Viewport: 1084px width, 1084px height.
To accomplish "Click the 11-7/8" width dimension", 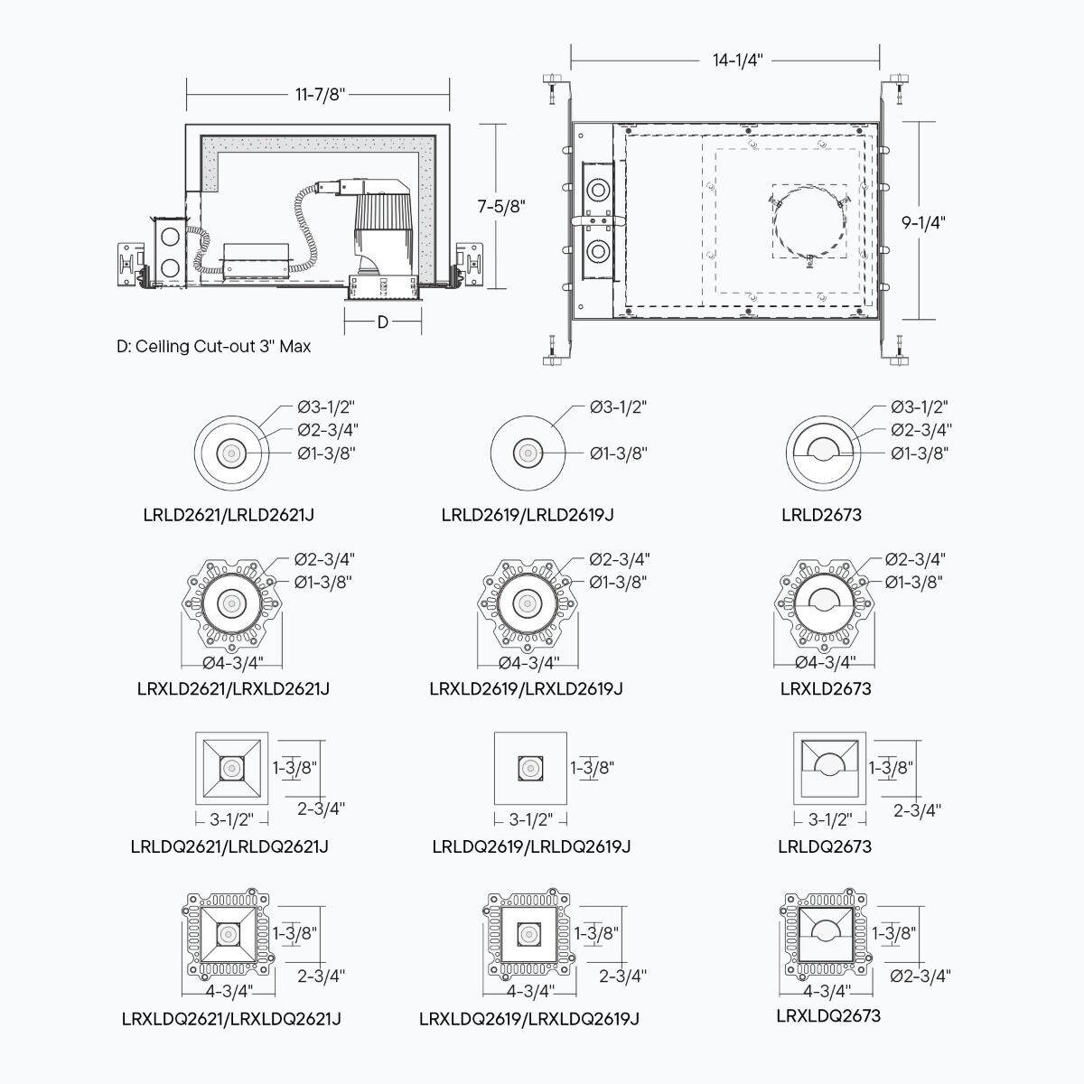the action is (320, 95).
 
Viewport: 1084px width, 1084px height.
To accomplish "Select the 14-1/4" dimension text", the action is (737, 61).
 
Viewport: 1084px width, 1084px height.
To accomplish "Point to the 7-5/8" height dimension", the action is (501, 207).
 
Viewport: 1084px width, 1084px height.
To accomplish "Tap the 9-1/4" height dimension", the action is (923, 223).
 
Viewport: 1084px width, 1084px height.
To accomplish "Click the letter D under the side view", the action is (382, 322).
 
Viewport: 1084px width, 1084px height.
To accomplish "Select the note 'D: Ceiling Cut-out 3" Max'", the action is (213, 347).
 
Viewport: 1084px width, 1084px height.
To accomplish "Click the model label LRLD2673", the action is (821, 515).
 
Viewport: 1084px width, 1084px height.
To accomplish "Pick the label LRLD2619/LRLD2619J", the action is (527, 515).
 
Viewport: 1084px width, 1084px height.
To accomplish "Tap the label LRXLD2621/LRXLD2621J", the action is (233, 688).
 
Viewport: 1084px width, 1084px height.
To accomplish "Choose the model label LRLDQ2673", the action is (825, 846).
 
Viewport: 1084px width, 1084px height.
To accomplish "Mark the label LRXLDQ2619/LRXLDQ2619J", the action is (528, 1019).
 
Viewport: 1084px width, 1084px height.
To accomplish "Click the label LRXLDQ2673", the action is (828, 1016).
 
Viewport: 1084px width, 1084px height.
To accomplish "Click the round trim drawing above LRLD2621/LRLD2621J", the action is (232, 453).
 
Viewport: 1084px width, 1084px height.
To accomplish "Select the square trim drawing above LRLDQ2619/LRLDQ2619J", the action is (530, 768).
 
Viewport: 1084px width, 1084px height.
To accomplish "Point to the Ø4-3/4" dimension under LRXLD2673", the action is (826, 663).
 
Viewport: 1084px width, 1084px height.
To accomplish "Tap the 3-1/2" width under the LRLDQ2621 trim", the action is (231, 819).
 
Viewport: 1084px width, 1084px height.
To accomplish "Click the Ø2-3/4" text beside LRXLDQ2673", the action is (920, 976).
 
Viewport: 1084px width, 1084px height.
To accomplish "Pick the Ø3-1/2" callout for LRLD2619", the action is (618, 406).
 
